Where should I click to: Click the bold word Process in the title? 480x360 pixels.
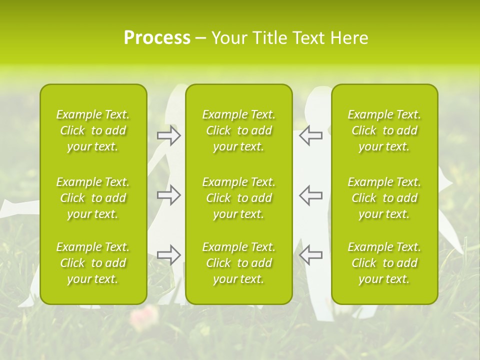[157, 38]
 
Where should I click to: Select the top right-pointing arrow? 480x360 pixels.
[169, 135]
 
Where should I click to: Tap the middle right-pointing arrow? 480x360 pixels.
[169, 195]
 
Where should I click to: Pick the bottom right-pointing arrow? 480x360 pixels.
[169, 255]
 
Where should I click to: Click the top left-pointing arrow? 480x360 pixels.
[310, 135]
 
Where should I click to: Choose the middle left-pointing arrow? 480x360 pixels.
[310, 195]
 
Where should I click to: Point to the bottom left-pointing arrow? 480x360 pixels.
[310, 255]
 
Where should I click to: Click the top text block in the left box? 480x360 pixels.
[93, 130]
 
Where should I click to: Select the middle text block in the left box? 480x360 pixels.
[93, 198]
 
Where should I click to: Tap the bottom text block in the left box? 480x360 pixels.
[93, 263]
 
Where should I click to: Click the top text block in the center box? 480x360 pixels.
[238, 130]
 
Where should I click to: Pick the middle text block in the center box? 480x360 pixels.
[238, 198]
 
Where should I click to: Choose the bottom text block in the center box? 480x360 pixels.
[238, 263]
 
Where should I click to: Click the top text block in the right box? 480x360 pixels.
[384, 130]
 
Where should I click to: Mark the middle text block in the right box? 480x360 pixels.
[384, 198]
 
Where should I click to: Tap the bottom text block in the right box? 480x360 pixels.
[384, 263]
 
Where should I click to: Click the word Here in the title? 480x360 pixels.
[349, 38]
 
